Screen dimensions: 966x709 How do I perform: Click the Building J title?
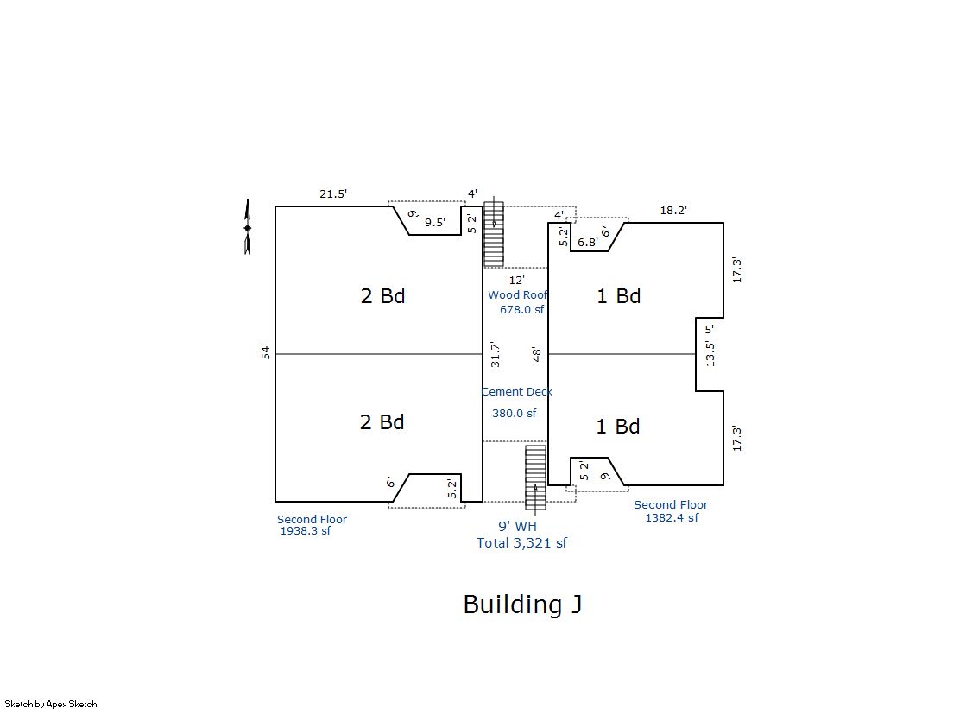point(522,605)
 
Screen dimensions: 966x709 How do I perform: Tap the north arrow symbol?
point(248,227)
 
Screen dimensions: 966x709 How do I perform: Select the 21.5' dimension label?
point(333,193)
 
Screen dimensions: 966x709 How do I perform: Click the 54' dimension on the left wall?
point(266,352)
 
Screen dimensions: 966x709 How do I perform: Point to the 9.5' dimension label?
point(435,223)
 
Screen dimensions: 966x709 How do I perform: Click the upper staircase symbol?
point(494,234)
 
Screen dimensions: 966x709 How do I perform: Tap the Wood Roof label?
point(517,294)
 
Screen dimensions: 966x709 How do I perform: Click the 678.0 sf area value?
point(521,309)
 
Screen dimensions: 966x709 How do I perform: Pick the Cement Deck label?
point(517,391)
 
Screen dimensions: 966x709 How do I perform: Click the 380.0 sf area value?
point(514,413)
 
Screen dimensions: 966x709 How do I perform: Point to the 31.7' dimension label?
point(496,354)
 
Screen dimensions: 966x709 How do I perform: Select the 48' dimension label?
point(537,354)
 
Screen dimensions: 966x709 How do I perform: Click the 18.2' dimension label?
point(673,210)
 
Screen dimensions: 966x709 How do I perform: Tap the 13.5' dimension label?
point(710,354)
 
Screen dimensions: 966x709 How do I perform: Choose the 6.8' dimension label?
point(588,243)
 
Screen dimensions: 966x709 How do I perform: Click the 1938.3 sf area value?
point(306,531)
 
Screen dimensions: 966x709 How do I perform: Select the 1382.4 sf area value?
point(672,518)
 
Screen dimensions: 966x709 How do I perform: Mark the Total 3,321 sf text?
point(521,543)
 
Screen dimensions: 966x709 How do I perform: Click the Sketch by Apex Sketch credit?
point(51,704)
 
